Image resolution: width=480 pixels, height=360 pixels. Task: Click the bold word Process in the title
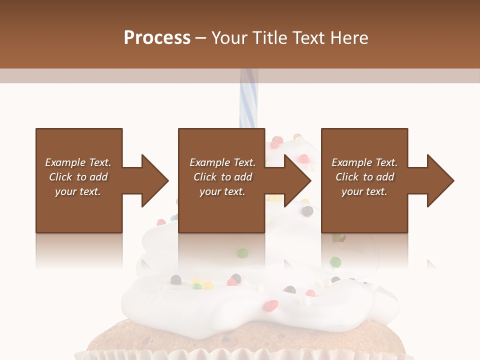(157, 38)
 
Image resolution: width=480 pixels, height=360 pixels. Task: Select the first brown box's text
(78, 177)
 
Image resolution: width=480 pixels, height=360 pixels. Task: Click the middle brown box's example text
(222, 177)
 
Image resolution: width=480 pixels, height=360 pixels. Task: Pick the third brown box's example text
(364, 177)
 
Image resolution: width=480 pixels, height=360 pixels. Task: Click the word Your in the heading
(228, 38)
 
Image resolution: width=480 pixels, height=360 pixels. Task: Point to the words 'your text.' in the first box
(78, 191)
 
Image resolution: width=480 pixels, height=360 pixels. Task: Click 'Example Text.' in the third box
(364, 162)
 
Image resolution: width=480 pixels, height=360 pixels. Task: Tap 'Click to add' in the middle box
(222, 177)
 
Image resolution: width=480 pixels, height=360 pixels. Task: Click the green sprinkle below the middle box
(242, 252)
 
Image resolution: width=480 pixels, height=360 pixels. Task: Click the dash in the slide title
(200, 38)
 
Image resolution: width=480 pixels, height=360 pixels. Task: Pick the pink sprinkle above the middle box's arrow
(303, 158)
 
